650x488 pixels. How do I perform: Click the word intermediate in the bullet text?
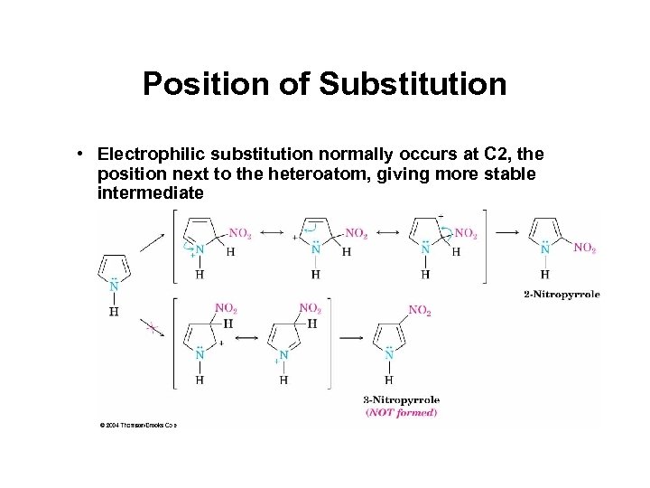153,193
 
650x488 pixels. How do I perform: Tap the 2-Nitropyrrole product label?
561,294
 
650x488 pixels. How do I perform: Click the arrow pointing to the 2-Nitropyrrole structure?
508,232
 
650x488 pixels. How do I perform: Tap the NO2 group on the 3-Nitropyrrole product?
420,310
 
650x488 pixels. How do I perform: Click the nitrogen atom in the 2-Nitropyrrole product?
545,247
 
